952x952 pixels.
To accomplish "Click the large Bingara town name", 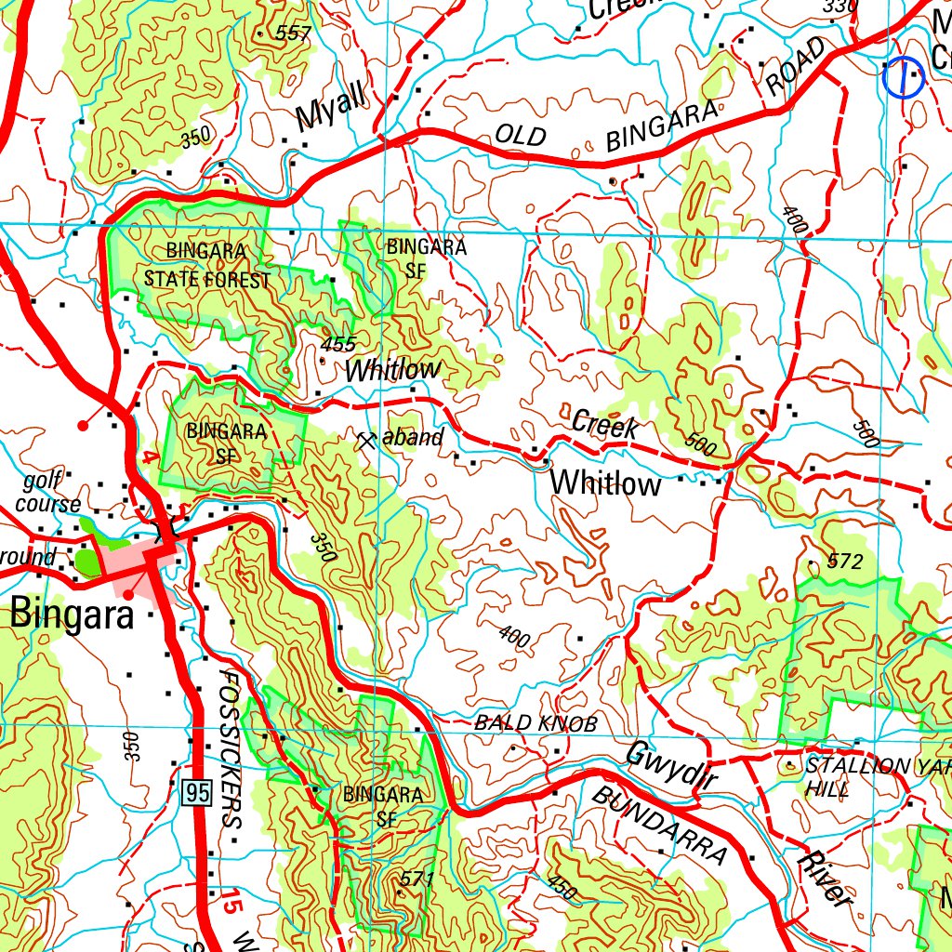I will (73, 615).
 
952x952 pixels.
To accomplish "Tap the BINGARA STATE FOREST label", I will (206, 266).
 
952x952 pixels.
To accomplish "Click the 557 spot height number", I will (293, 33).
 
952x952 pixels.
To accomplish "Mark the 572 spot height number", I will (843, 562).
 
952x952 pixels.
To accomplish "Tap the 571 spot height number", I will (417, 879).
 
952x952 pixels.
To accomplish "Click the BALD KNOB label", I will (535, 722).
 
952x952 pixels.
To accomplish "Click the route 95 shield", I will (197, 793).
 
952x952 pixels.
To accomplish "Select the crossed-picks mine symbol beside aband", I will (365, 440).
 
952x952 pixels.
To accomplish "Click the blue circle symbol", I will (902, 78).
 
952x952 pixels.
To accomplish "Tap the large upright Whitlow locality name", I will (605, 483).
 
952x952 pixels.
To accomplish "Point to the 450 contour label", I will (561, 888).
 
